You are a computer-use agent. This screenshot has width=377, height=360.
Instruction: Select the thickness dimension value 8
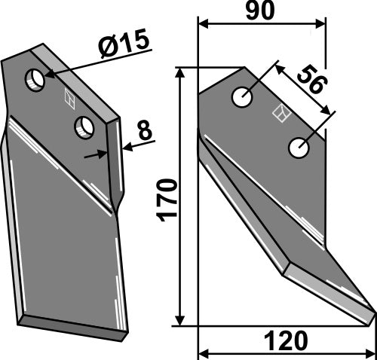[143, 130]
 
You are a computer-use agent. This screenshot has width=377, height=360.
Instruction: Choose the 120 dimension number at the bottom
[286, 343]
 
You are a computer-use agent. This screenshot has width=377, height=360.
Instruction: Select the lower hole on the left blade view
[84, 127]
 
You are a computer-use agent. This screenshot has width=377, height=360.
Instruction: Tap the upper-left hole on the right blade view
[241, 96]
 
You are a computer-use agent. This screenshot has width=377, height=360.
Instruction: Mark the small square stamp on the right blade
[280, 114]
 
